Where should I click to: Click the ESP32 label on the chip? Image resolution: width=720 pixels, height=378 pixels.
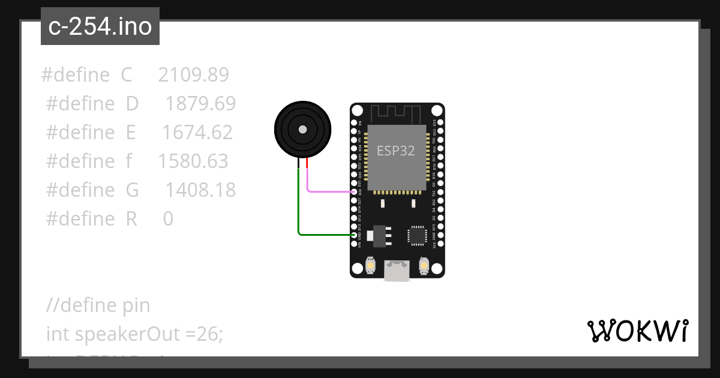coord(395,151)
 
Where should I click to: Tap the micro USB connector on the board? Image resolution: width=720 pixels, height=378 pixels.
coord(397,271)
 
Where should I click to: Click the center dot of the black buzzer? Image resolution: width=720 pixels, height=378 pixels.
coord(302,129)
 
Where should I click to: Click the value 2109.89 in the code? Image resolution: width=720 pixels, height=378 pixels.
coord(194,75)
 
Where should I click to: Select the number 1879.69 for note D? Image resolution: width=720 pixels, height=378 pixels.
coord(200,104)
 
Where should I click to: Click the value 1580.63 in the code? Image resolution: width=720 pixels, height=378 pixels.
coord(193,161)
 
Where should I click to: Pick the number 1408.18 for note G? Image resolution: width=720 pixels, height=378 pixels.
coord(200,190)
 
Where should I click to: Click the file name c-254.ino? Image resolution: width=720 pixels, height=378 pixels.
coord(100,26)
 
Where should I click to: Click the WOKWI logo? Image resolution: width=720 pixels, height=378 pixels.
coord(637,331)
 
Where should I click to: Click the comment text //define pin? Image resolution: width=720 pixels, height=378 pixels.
coord(98,305)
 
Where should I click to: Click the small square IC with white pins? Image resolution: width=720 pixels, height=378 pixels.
coord(416,235)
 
